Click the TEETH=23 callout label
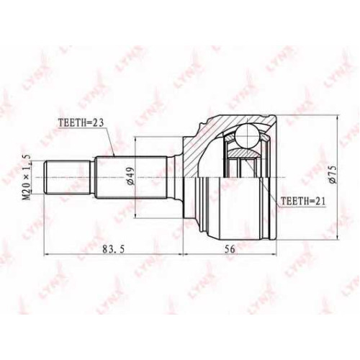81,123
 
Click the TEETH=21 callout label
303,201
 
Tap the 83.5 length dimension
113,249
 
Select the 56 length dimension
230,249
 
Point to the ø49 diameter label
131,176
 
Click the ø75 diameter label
333,174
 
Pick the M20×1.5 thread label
27,177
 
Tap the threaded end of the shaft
67,177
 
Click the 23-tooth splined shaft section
131,177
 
